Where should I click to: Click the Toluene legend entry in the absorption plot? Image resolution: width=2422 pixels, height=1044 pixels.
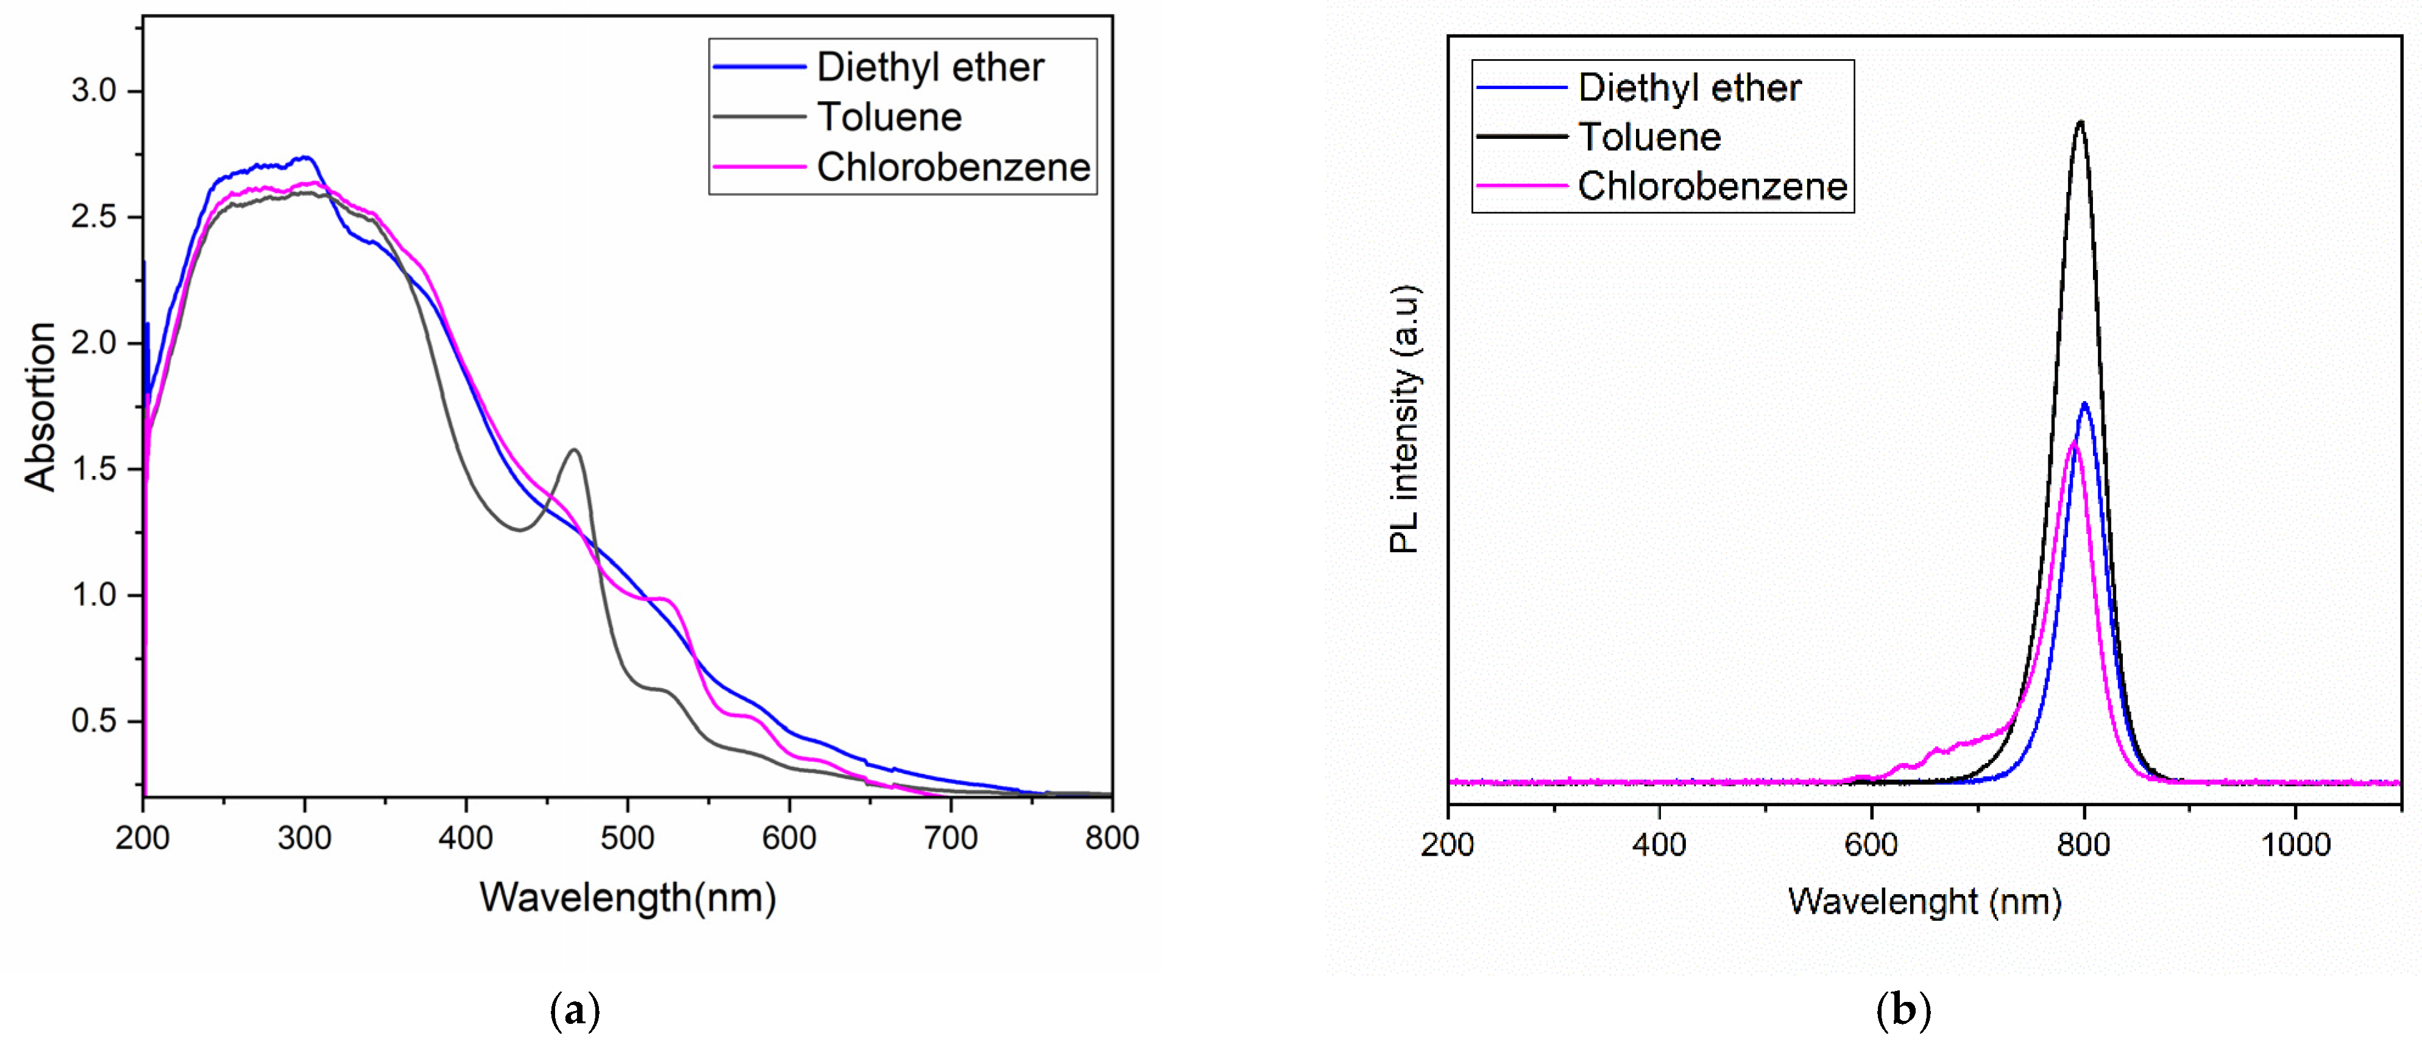888,118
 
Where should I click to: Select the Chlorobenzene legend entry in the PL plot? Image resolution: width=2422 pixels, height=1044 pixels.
1711,186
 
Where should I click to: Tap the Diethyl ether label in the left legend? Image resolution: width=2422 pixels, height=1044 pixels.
929,68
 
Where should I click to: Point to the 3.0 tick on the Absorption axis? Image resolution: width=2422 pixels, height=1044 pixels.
93,91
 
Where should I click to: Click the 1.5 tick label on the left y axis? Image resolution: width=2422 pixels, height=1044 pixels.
93,469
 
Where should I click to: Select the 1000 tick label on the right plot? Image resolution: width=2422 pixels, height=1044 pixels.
2295,845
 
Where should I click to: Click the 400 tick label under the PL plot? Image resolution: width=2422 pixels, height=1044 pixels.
1660,845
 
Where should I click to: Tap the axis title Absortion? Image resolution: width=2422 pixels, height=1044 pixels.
40,407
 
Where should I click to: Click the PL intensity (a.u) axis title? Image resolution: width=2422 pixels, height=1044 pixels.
1404,419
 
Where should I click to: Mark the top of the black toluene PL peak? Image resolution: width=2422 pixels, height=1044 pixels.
2080,123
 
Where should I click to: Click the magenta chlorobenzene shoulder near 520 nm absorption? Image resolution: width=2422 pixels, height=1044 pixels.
664,598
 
